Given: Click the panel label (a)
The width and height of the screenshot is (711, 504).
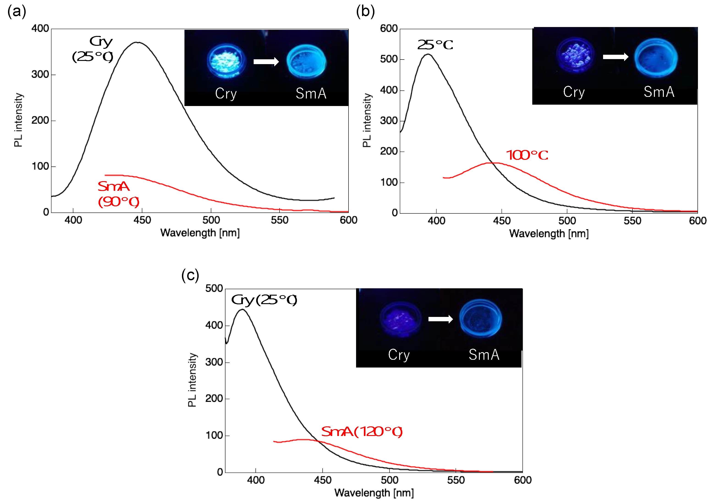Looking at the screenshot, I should point(17,12).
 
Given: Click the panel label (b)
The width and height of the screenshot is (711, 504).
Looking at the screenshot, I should point(365,12).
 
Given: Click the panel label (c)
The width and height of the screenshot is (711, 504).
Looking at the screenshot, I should point(190,275).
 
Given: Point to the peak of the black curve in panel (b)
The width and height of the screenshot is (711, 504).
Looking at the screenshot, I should point(428,54).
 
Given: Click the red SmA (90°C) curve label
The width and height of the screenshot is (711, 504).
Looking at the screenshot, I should point(118,194).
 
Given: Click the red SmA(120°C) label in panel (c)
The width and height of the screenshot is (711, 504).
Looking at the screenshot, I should point(362,432).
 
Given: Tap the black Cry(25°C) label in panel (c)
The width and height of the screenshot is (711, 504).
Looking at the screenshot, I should point(264,300).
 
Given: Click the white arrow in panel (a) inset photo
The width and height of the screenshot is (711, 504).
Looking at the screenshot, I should point(266,61).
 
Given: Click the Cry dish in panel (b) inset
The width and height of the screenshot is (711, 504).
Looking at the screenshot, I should point(575,55).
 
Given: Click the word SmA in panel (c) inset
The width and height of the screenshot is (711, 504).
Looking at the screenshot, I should point(484,355).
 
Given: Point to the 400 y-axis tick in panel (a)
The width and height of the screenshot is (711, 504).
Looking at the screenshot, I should point(40,29).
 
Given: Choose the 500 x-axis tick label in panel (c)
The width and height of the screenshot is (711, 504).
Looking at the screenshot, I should point(389,480).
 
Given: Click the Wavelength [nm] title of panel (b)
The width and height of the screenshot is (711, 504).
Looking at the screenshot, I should point(549,233).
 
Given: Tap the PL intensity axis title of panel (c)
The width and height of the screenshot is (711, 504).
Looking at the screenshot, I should point(192,380).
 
